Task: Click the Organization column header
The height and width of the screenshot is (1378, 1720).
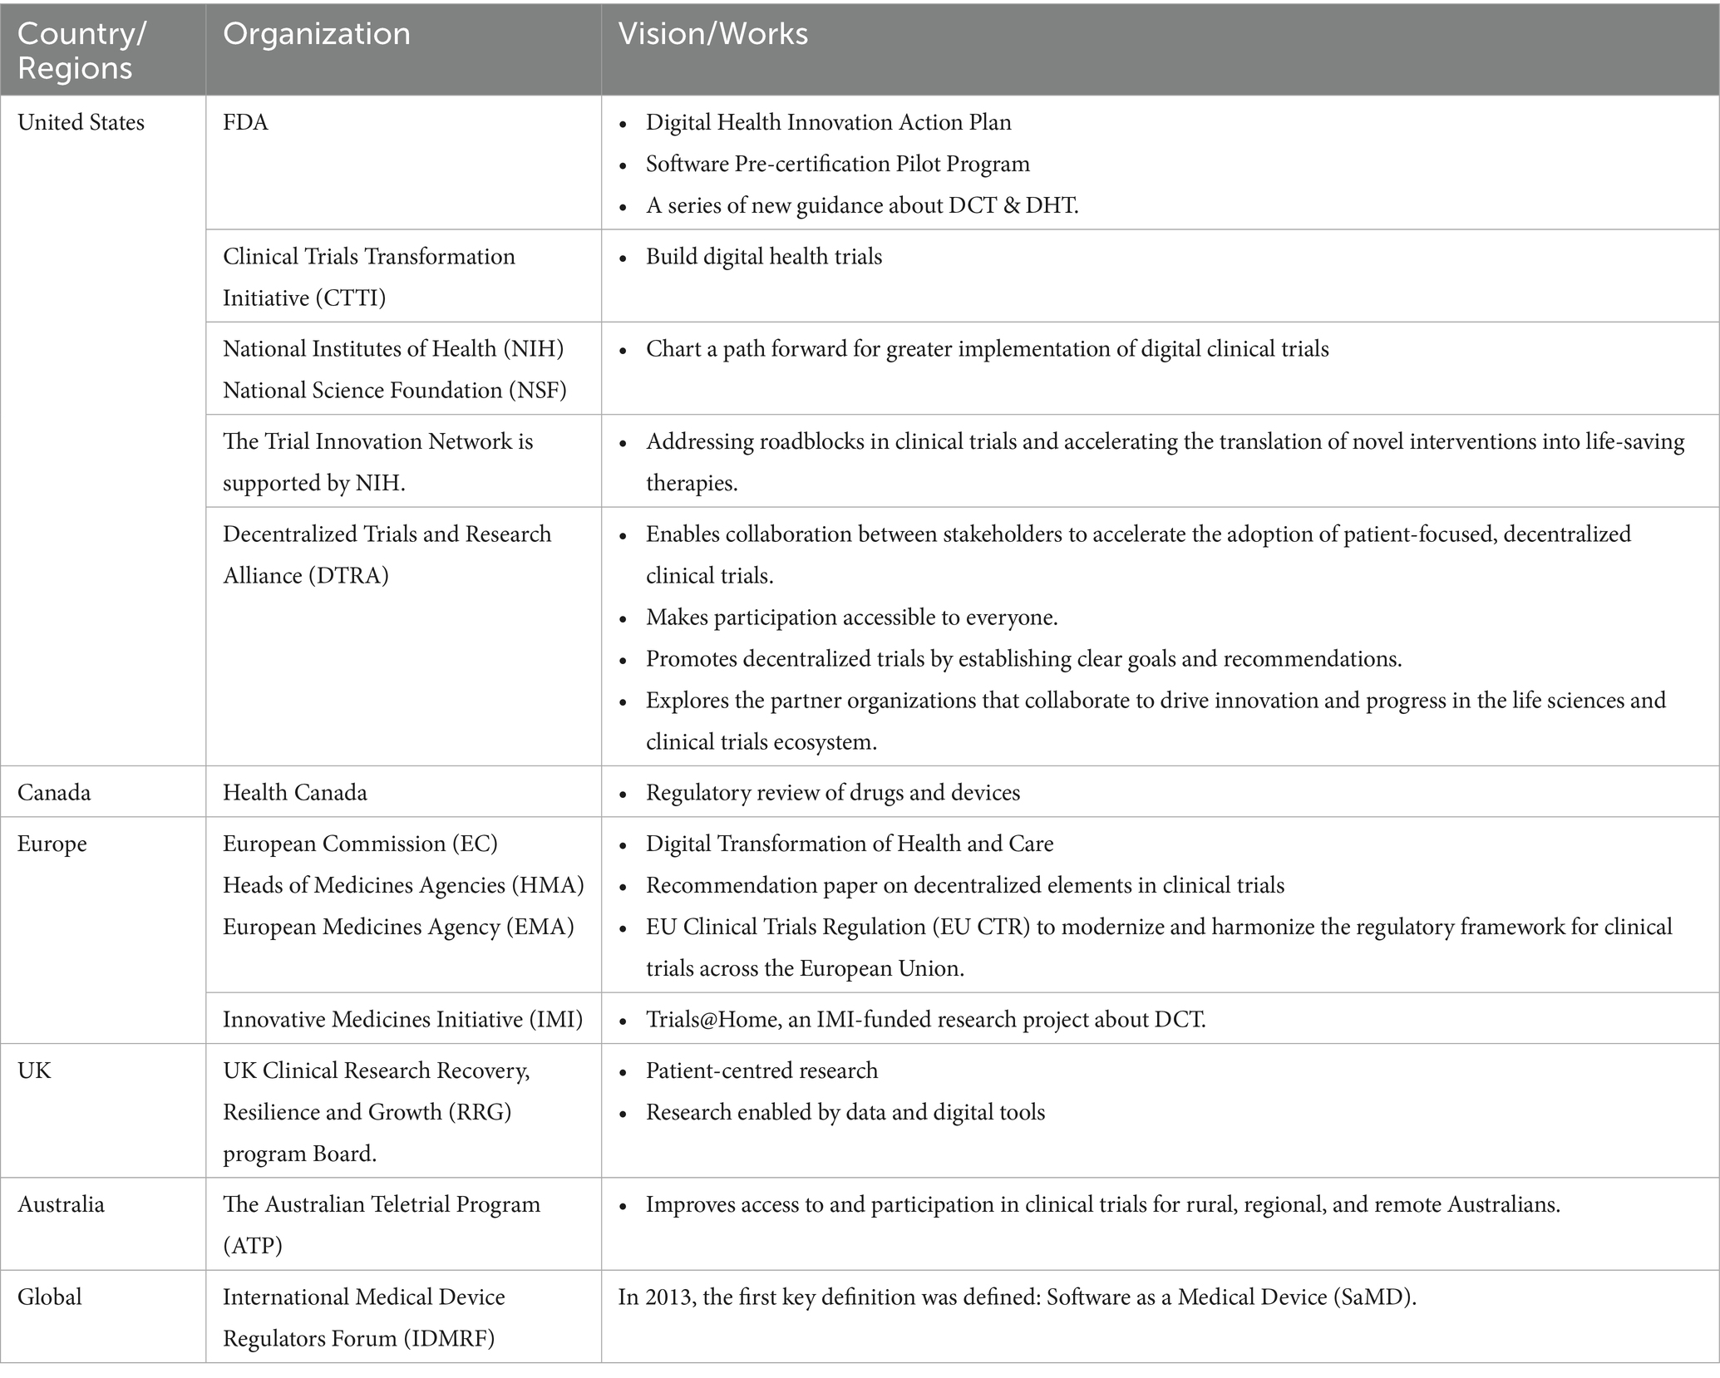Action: (317, 34)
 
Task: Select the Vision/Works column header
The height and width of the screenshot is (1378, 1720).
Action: (712, 34)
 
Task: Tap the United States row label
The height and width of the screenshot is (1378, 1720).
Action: (81, 123)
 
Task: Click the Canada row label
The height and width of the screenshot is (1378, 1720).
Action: (54, 793)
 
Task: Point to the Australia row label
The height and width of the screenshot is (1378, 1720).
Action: (61, 1205)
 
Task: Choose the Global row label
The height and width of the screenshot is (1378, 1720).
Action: (50, 1297)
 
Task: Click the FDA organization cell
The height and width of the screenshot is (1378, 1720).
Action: (245, 123)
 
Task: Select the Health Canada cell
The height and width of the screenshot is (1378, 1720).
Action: (294, 793)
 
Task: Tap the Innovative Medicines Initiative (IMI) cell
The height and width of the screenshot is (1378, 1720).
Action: (402, 1020)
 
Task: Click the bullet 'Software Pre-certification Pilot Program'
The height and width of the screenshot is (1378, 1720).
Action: (837, 165)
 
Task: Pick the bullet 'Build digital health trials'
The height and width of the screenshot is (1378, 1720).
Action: (763, 257)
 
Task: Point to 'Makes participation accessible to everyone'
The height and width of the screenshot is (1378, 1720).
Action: (851, 618)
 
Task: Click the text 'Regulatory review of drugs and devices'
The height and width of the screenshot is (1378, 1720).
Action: (832, 793)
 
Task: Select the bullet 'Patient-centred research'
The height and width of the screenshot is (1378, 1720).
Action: (761, 1070)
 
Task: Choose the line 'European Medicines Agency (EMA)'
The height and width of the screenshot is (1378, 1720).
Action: (398, 928)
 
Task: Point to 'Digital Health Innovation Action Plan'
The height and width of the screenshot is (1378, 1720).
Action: (828, 123)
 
